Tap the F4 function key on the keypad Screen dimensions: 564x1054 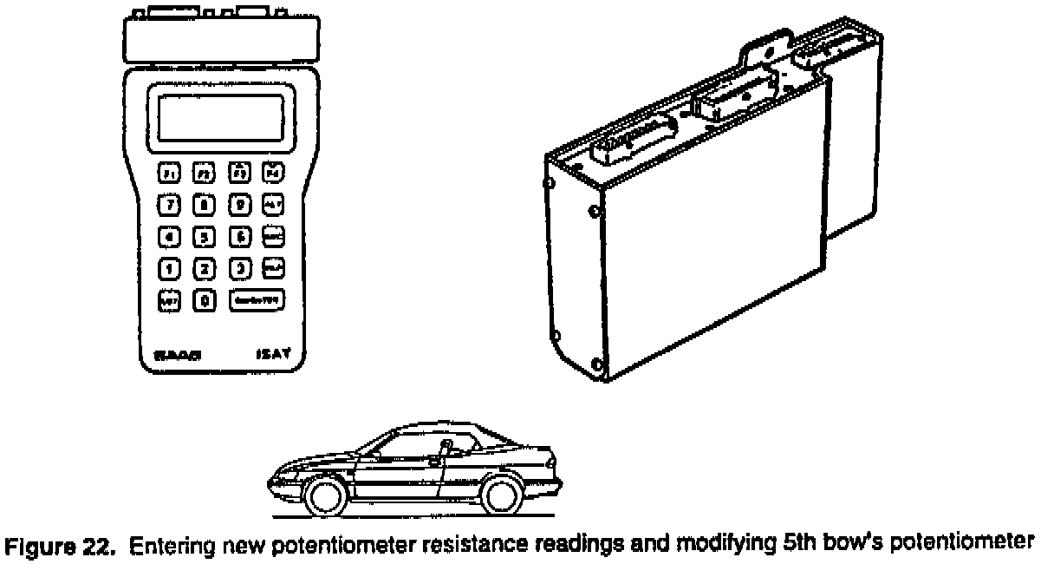pos(273,172)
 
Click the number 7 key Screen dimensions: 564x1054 pos(170,205)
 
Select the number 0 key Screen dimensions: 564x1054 pos(205,300)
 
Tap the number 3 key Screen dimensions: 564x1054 pos(239,268)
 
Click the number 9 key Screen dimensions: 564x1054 pos(239,205)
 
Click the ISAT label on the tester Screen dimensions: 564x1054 pos(270,354)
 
